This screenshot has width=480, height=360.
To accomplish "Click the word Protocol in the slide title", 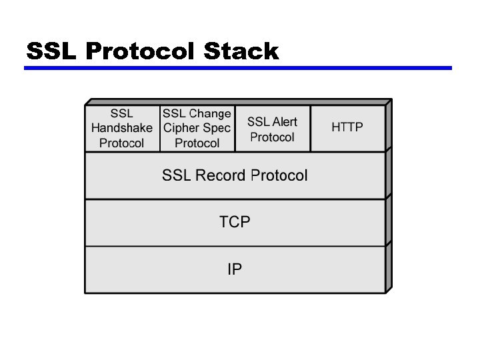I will tap(140, 51).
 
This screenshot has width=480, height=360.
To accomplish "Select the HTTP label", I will tap(348, 127).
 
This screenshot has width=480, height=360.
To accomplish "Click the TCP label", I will tap(235, 222).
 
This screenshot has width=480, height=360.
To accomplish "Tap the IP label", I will tap(235, 269).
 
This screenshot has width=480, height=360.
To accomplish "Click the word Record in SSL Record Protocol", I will tap(221, 175).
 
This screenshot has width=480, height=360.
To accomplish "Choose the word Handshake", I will tap(121, 128).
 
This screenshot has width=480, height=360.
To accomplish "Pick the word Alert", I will tap(285, 122).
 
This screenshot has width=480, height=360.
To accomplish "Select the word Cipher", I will tap(181, 128).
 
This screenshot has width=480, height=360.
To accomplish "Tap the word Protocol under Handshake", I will tap(121, 143).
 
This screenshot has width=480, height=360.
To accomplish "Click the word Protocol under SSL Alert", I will tap(272, 137).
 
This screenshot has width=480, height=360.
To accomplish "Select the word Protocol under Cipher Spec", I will tap(197, 143).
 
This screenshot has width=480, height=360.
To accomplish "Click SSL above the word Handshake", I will tap(121, 113).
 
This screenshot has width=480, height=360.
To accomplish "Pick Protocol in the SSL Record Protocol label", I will tap(279, 175).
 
